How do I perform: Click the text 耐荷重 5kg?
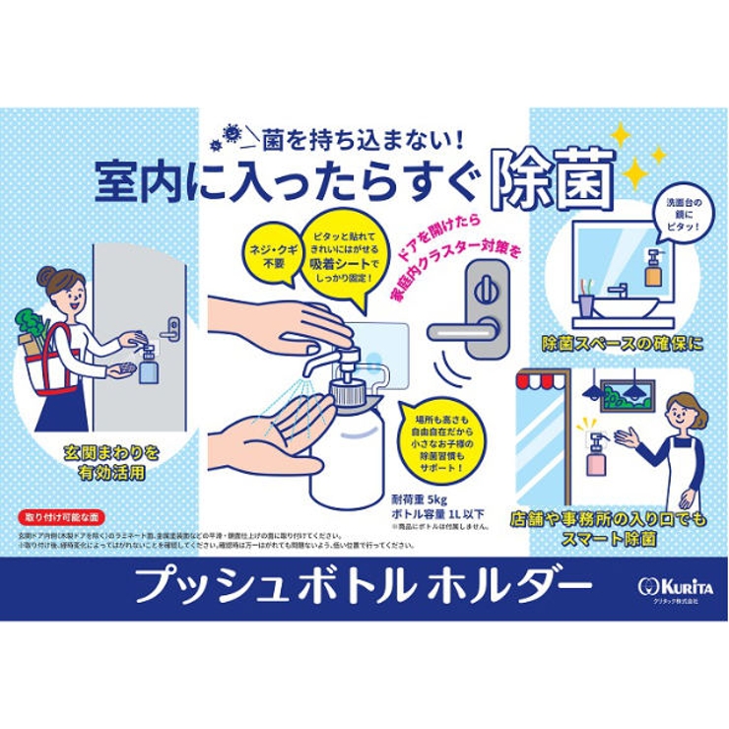(x=419, y=499)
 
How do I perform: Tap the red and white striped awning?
(x=542, y=380)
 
